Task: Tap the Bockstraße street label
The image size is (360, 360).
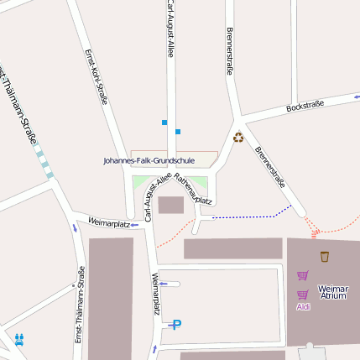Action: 305,107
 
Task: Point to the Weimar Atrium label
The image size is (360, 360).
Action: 333,292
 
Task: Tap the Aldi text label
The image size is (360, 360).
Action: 303,306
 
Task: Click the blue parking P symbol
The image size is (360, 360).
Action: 175,325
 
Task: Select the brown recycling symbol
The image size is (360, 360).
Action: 238,137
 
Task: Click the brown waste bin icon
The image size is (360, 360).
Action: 325,256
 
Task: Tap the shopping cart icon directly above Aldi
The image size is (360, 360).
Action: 303,295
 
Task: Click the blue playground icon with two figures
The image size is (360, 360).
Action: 19,339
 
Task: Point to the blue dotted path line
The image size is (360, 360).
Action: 252,216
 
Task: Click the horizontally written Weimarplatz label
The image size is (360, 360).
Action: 108,224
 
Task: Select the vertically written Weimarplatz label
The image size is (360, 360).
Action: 156,293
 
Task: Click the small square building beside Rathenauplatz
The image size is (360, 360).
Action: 170,205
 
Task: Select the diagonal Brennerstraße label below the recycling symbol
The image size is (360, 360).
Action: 270,167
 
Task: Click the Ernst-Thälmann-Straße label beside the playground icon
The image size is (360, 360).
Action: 79,305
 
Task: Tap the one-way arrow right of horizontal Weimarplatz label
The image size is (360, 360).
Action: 134,224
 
